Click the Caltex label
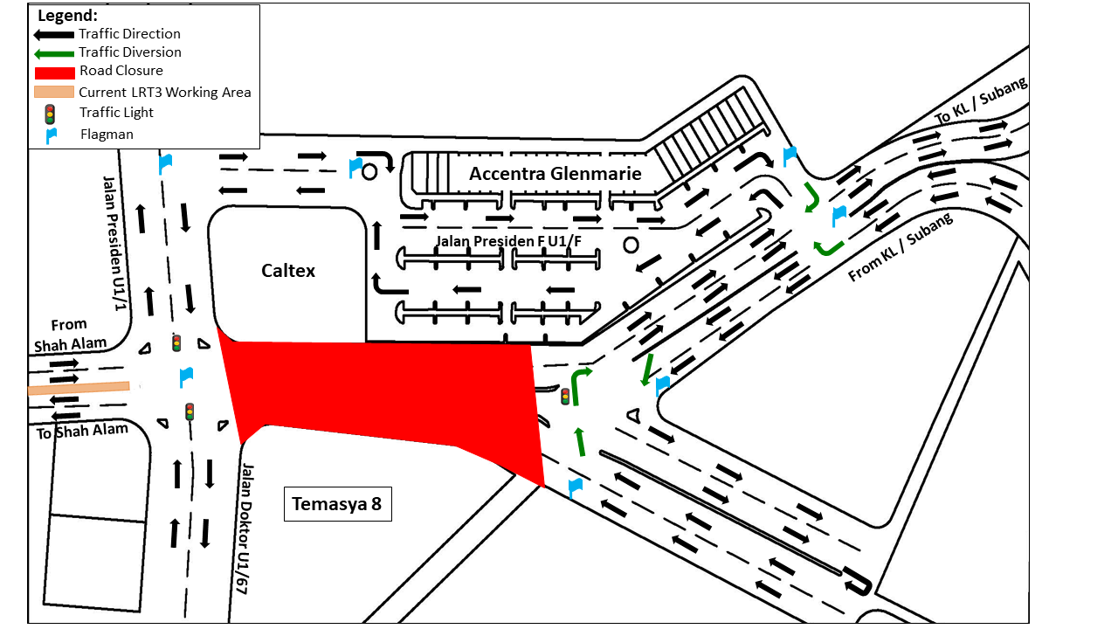coord(288,271)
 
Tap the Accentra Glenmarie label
coord(555,174)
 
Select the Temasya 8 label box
coord(337,504)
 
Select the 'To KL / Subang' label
coord(981,102)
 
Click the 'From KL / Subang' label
coord(901,246)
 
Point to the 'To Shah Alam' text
coord(82,431)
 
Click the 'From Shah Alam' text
coord(70,335)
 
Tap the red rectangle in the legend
coord(54,73)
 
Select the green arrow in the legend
coord(54,53)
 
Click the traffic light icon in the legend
coord(50,113)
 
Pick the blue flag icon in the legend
coord(51,135)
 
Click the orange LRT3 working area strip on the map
coord(79,388)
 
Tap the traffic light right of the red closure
coord(565,397)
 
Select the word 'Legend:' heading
coord(67,16)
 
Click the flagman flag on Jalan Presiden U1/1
coord(165,162)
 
